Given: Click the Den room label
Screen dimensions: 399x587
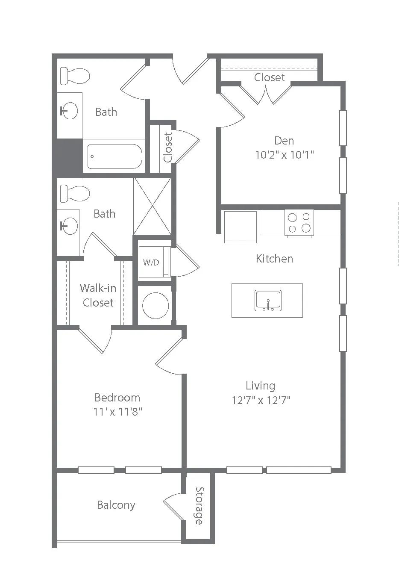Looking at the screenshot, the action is pos(284,141).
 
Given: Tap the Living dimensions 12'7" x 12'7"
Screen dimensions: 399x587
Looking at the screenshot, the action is pos(261,400).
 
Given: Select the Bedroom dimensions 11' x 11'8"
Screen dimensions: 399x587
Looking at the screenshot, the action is pos(117,412).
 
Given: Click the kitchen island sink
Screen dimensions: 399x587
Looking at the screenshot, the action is pos(268,300).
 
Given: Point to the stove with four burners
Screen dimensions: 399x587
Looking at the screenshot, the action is pos(299,223).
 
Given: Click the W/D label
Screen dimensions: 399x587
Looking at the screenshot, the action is pos(151,262).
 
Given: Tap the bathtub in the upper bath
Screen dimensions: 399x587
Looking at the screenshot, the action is pos(114,156).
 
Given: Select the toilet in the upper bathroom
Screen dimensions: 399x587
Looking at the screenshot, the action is pos(75,76).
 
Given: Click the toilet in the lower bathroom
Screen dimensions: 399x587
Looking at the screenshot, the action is pos(75,193).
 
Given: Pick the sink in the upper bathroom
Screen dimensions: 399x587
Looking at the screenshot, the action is pos(69,111).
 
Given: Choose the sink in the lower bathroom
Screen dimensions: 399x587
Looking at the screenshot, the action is pos(69,226).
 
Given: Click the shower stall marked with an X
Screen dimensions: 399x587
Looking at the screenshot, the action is pos(153,206).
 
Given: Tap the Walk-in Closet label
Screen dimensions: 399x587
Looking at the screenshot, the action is pos(98,295).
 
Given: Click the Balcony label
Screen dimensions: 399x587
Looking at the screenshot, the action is pos(116,505).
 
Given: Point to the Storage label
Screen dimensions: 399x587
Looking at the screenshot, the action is pos(199,506).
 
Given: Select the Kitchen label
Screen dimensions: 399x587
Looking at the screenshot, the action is pos(274,259).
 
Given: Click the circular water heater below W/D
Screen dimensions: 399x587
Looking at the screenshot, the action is pos(155,305).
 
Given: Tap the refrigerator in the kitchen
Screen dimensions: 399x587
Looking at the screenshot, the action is pos(241,227).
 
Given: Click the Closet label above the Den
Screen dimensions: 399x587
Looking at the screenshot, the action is pos(270,77).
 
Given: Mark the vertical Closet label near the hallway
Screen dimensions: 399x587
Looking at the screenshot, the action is pos(167,147).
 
